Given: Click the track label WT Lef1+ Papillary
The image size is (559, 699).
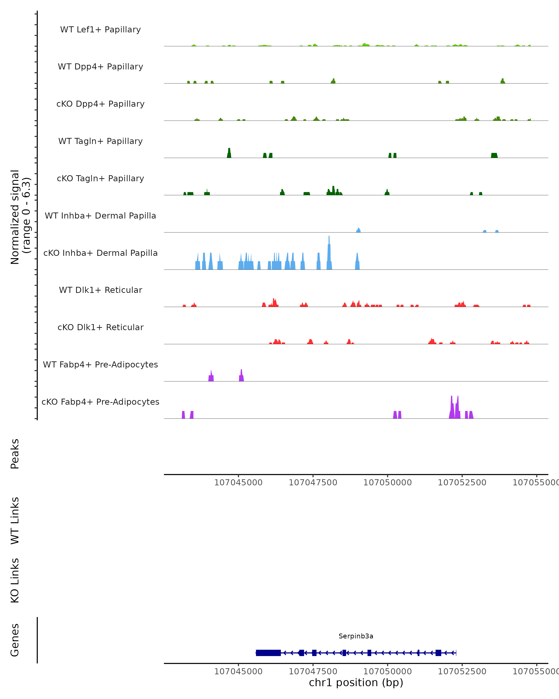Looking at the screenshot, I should [x=100, y=30].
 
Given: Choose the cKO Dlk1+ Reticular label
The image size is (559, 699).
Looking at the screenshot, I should [x=100, y=327].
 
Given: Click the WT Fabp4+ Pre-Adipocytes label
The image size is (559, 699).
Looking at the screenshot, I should [x=100, y=364].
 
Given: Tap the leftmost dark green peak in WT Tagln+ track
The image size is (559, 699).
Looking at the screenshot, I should [x=229, y=153].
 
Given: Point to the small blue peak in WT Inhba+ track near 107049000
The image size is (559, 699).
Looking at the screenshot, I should [x=358, y=230].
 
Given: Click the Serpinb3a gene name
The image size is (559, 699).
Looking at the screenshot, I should [x=356, y=636].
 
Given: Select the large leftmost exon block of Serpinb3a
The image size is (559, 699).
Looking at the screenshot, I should [x=268, y=653].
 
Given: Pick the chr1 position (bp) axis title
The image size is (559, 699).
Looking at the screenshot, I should [x=356, y=682].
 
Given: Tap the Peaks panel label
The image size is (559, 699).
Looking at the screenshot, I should [x=15, y=454].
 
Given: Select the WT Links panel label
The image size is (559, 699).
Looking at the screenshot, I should [x=15, y=520].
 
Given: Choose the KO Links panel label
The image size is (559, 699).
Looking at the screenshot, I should [x=15, y=580].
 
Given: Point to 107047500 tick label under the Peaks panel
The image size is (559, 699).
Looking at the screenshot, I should [x=313, y=483].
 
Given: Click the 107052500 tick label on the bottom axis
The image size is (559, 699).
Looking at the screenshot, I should [x=462, y=672].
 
